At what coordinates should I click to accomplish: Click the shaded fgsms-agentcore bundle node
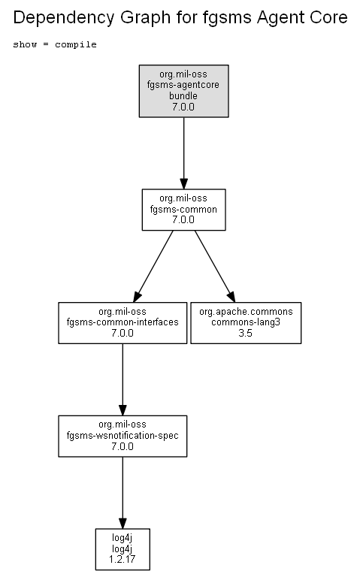pyautogui.click(x=183, y=91)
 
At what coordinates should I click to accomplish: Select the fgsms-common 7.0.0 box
pyautogui.click(x=183, y=210)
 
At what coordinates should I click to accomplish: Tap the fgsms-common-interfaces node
pyautogui.click(x=123, y=323)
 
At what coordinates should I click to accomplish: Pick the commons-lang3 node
pyautogui.click(x=246, y=323)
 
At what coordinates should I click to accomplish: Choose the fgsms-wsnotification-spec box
pyautogui.click(x=123, y=436)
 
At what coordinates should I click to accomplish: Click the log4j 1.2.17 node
pyautogui.click(x=123, y=549)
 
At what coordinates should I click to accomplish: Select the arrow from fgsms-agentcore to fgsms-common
pyautogui.click(x=184, y=153)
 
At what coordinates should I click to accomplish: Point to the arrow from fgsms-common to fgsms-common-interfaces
pyautogui.click(x=153, y=266)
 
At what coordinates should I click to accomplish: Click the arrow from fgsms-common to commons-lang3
pyautogui.click(x=215, y=266)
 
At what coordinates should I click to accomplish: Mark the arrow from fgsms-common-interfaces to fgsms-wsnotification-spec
pyautogui.click(x=123, y=379)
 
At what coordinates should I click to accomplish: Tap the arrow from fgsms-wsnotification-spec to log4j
pyautogui.click(x=123, y=492)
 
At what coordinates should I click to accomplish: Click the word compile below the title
pyautogui.click(x=76, y=44)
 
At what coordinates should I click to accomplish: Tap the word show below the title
pyautogui.click(x=25, y=44)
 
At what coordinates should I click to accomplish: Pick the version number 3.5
pyautogui.click(x=245, y=333)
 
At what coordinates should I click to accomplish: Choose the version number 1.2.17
pyautogui.click(x=123, y=560)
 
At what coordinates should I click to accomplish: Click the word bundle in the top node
pyautogui.click(x=183, y=96)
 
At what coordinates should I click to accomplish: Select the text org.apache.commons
pyautogui.click(x=246, y=312)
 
